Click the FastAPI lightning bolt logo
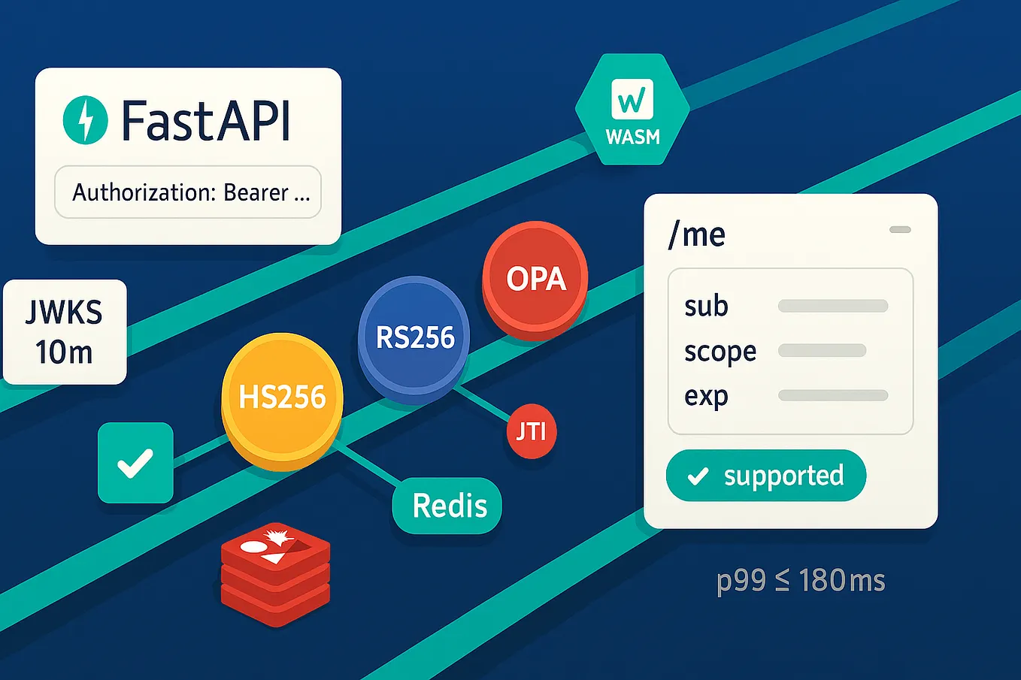(x=85, y=120)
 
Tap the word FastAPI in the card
(x=205, y=121)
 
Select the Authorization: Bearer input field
(x=188, y=192)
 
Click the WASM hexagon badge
(x=632, y=110)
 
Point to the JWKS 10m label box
(x=65, y=332)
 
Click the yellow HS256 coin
(x=282, y=397)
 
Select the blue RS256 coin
(x=414, y=337)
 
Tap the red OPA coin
(x=535, y=279)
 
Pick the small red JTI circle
(x=532, y=431)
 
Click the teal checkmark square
(x=135, y=463)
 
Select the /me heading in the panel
(x=697, y=235)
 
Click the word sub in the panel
(x=706, y=306)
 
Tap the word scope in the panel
(x=720, y=352)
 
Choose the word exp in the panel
(x=706, y=396)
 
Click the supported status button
(x=765, y=476)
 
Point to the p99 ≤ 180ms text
(x=801, y=581)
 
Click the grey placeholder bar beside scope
(x=822, y=351)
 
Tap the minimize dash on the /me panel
(x=900, y=230)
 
